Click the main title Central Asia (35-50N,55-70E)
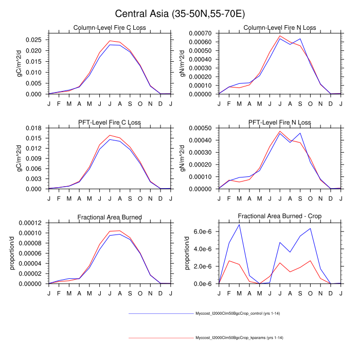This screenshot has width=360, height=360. [180, 13]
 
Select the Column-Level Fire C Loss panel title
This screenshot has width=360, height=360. [109, 27]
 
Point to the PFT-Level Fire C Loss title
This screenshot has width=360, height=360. [109, 122]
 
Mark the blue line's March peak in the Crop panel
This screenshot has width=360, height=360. [239, 225]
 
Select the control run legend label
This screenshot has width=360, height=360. [237, 313]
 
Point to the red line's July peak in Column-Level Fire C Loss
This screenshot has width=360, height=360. [110, 41]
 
